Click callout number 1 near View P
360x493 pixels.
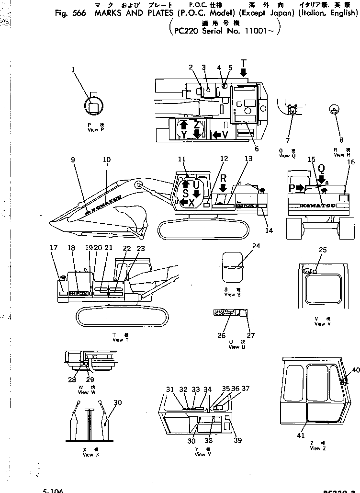coord(73,70)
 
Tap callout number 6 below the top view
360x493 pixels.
coord(257,149)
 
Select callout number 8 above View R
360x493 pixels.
coord(341,140)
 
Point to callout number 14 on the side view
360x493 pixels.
coord(270,230)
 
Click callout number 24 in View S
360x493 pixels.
coord(256,246)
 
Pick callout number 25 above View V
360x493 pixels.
coord(323,250)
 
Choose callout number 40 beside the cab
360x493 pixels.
coord(355,369)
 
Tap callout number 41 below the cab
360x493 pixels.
coord(300,436)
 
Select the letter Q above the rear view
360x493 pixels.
coord(321,169)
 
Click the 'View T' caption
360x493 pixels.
coord(118,340)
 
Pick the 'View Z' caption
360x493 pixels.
coord(315,448)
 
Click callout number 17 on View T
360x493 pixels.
coord(53,248)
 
